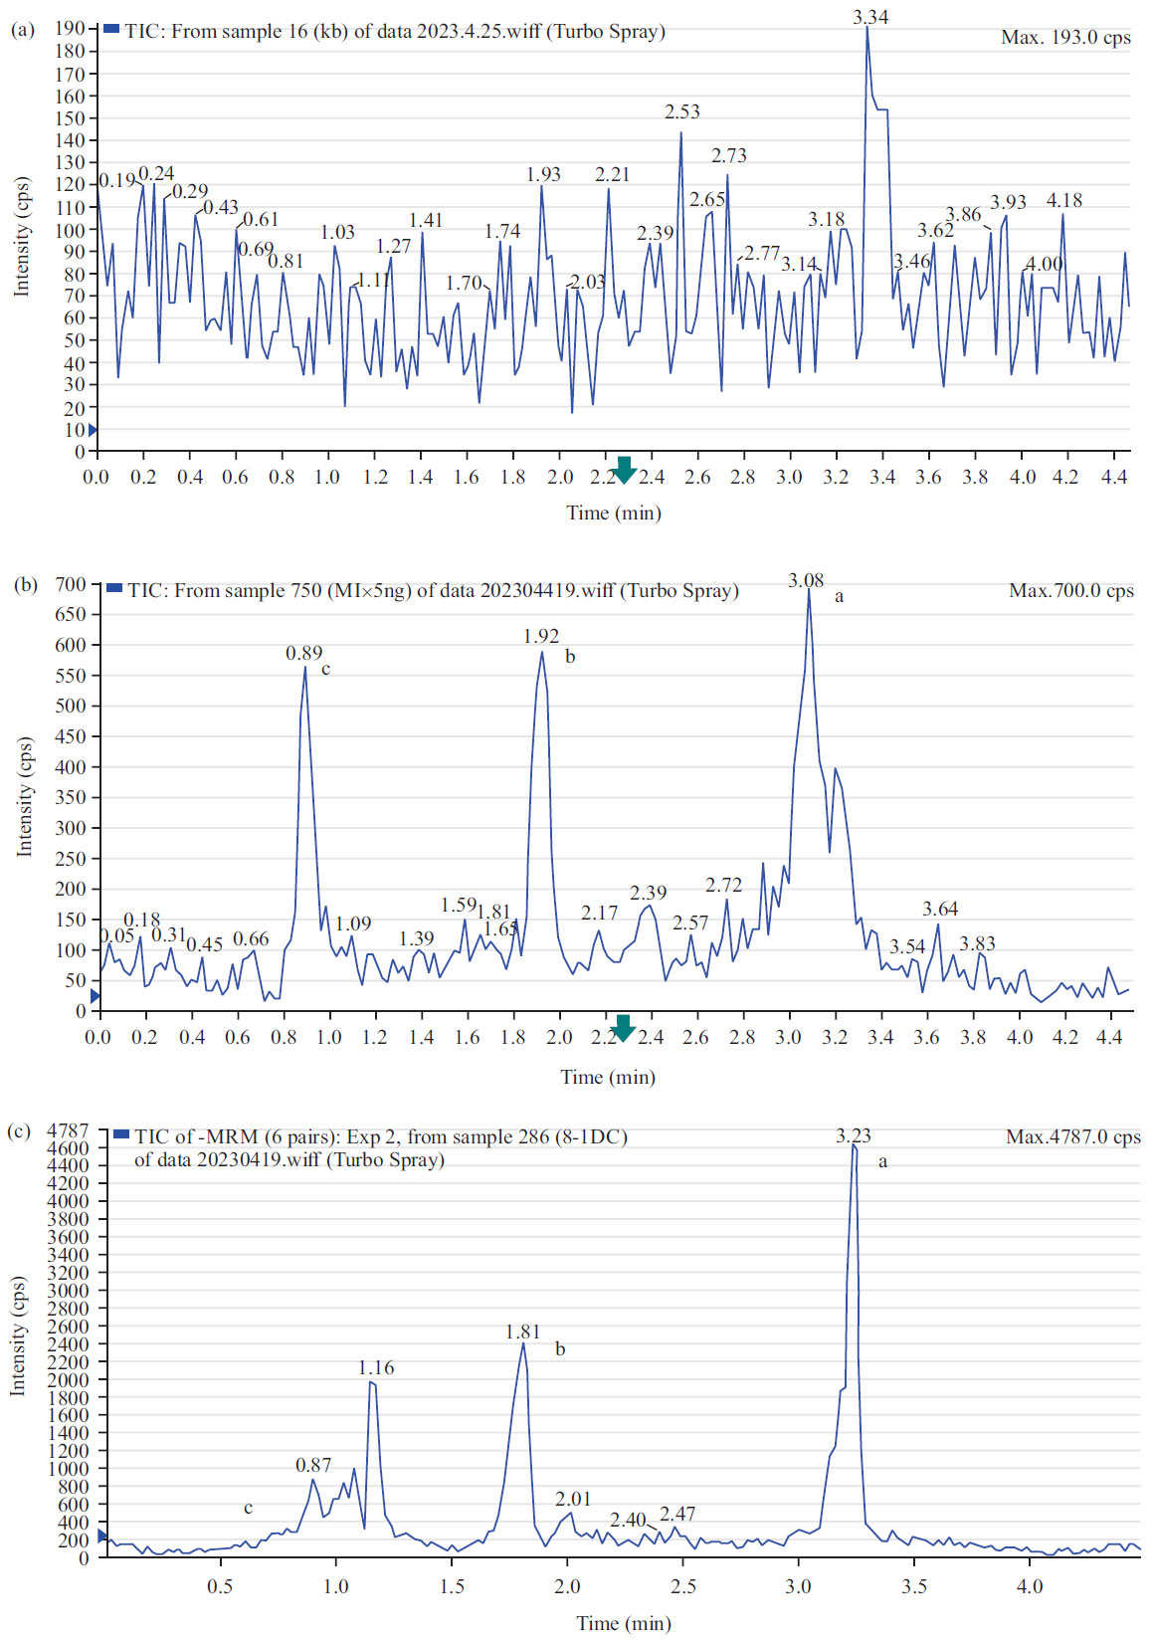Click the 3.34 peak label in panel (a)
point(870,18)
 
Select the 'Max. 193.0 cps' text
point(1065,38)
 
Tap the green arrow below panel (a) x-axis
point(624,470)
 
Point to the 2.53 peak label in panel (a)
point(682,112)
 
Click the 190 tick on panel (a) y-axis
point(70,29)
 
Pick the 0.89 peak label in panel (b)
point(303,654)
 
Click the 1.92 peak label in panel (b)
point(541,636)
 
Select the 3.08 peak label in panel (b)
point(806,581)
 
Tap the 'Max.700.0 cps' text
point(1071,591)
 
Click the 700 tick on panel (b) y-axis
point(71,584)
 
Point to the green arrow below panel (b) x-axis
point(624,1028)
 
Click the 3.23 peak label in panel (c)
point(853,1136)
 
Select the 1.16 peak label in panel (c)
point(376,1368)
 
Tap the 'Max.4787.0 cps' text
point(1072,1137)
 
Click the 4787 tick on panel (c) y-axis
point(69,1130)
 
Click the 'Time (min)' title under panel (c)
point(624,1623)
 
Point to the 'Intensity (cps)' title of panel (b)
point(24,797)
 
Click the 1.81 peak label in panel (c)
point(522,1332)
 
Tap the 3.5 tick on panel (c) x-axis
point(913,1586)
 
